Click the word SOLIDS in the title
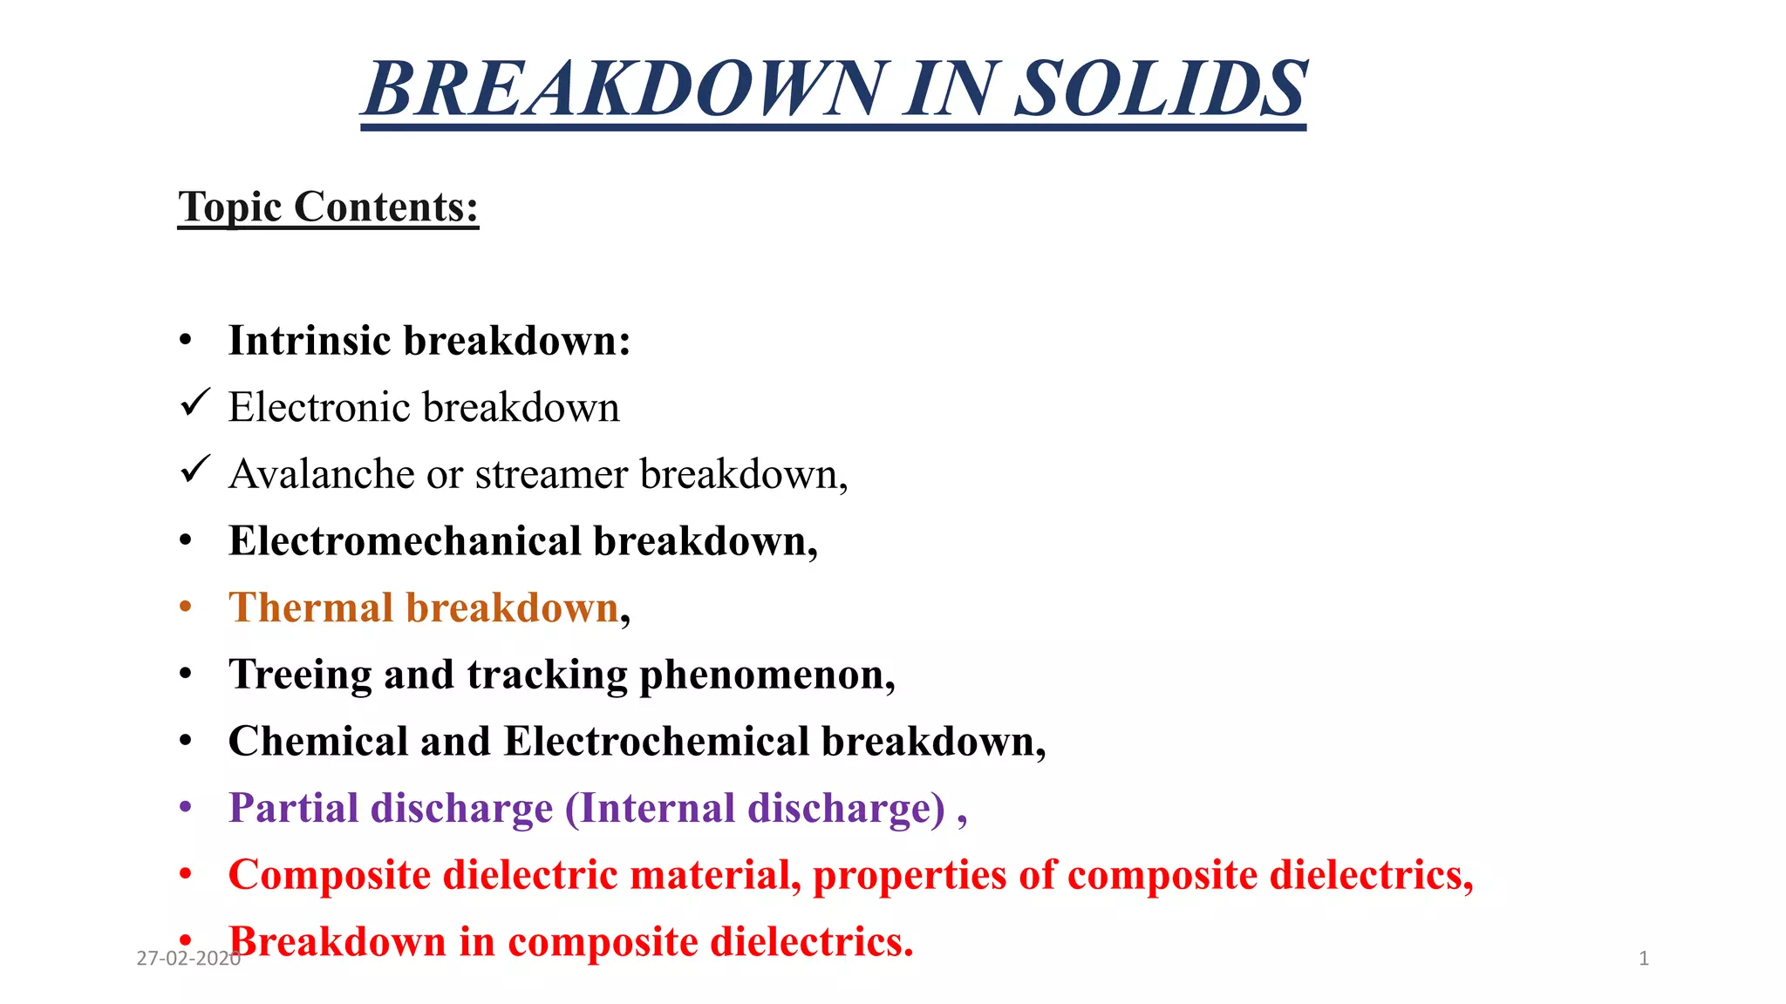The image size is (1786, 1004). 1161,89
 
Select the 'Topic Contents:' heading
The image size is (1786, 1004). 328,207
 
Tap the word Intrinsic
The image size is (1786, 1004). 310,340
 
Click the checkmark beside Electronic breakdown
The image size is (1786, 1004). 194,403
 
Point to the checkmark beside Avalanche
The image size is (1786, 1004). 194,470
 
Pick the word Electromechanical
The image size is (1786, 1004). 405,541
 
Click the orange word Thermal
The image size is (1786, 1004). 310,607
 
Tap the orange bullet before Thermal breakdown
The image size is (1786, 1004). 185,607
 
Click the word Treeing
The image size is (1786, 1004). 300,675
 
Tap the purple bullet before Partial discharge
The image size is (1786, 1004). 185,808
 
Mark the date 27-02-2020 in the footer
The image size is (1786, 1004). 188,959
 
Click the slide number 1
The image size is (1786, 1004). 1644,959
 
